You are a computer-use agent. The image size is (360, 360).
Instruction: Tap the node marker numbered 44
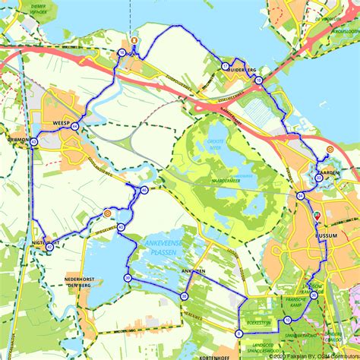(74, 128)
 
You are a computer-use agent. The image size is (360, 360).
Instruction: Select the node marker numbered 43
(34, 142)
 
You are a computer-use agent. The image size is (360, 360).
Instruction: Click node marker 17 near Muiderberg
(225, 67)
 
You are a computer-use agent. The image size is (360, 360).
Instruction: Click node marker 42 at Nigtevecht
(49, 246)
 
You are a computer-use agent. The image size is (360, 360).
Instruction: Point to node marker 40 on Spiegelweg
(144, 190)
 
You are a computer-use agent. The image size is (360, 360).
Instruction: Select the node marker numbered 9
(239, 333)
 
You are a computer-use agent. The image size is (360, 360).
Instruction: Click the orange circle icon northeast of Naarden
(330, 150)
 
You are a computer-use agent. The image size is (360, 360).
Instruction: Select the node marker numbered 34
(301, 197)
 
